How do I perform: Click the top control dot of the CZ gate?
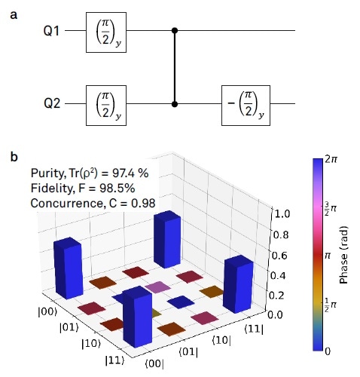click(x=175, y=31)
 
